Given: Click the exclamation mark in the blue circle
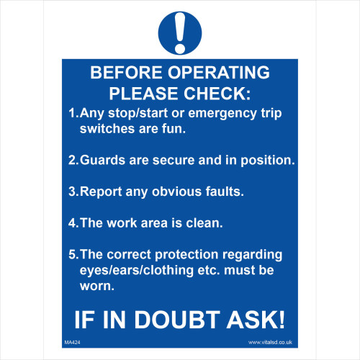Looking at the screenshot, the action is click(180, 33).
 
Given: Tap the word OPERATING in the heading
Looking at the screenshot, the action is click(219, 72).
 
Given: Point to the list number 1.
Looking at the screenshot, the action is click(73, 113).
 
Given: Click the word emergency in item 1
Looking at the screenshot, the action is click(222, 114).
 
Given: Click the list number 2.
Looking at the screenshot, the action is click(73, 160).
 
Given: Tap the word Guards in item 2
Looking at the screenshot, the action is click(102, 160).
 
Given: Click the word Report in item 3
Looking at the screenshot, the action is click(101, 192).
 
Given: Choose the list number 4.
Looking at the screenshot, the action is click(73, 222).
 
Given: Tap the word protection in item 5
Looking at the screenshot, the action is click(186, 255).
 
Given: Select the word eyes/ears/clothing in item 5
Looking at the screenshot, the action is click(137, 271).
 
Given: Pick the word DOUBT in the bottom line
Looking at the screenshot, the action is click(177, 320).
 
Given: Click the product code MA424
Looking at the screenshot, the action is click(72, 343).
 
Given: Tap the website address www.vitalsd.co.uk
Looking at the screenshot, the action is click(270, 342).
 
